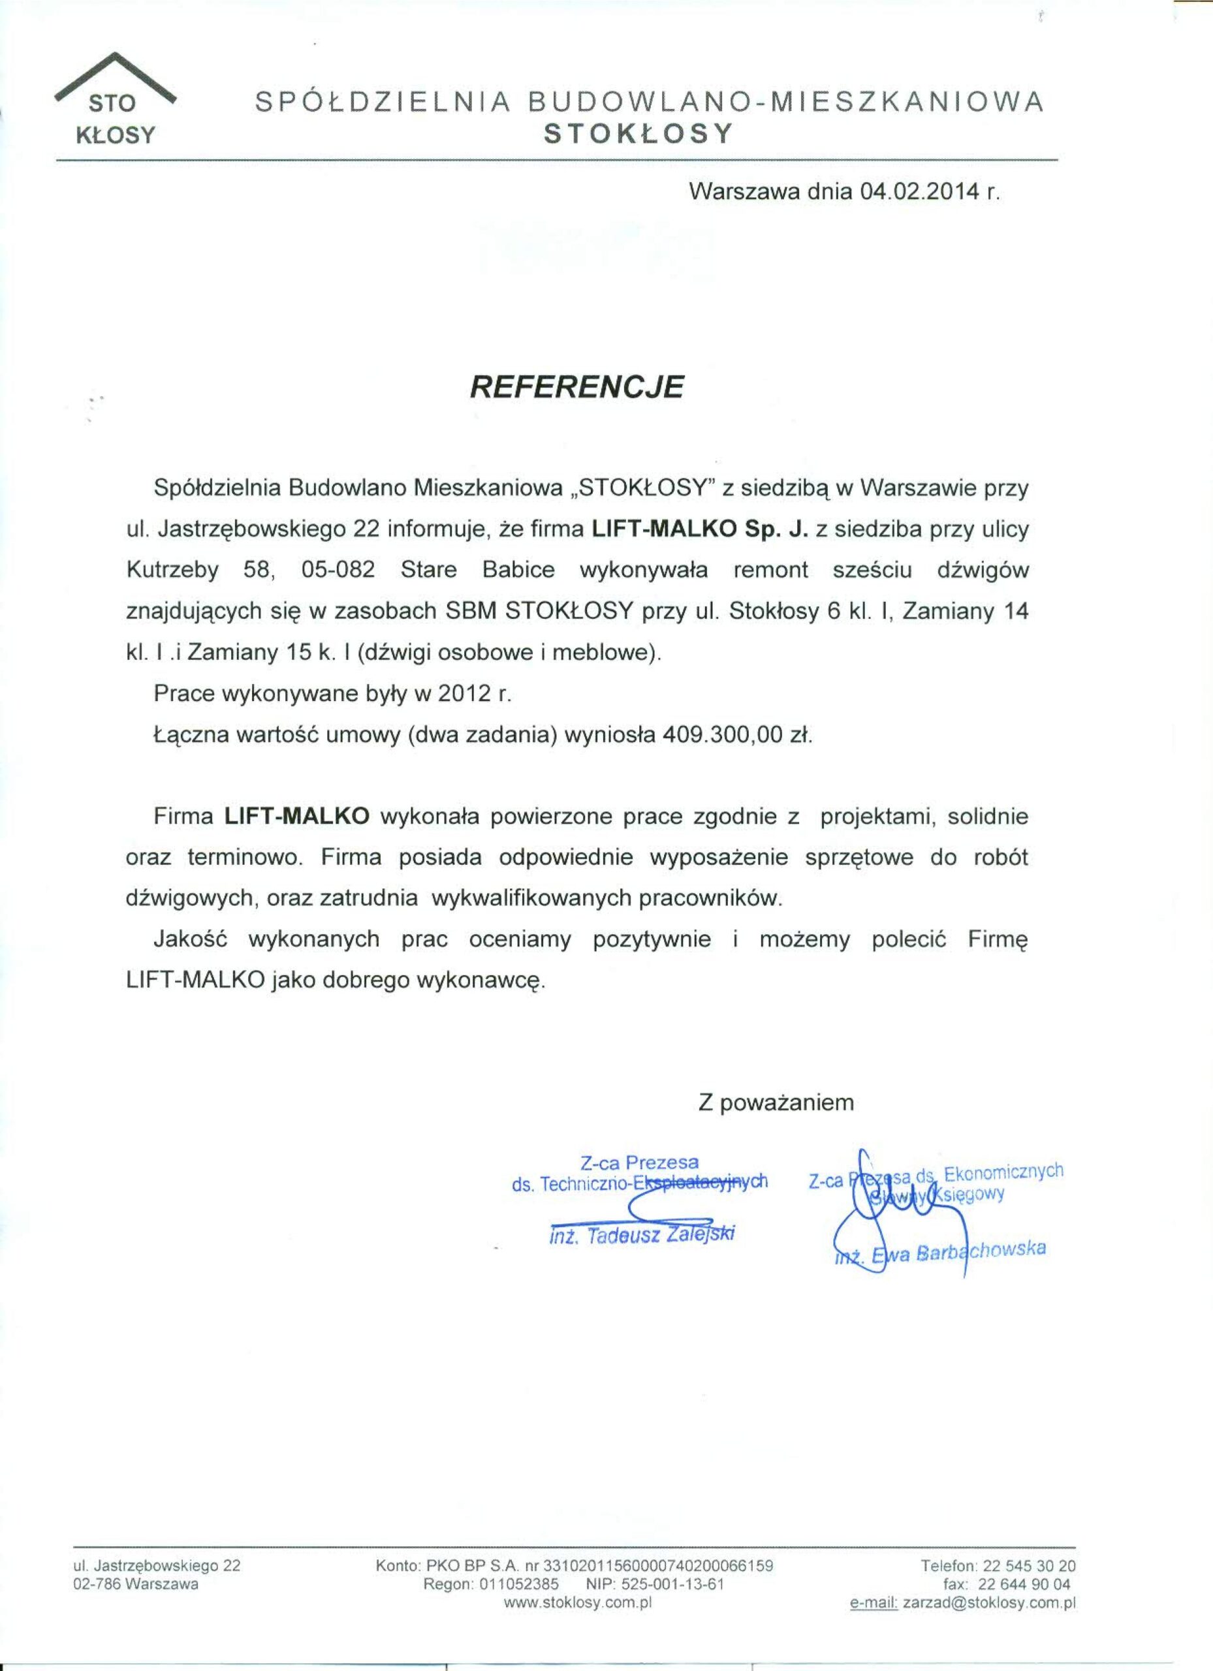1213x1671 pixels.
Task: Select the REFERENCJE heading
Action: (x=577, y=387)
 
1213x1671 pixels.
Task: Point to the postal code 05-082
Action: (x=338, y=570)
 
